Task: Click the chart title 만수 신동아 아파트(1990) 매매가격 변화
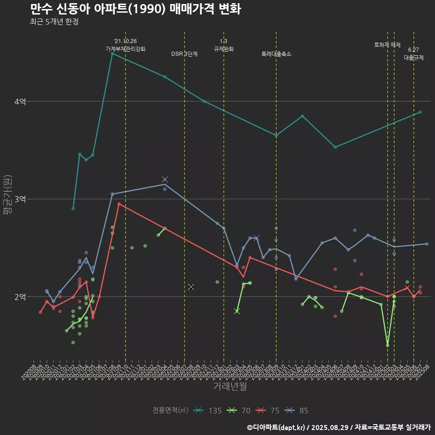click(x=135, y=9)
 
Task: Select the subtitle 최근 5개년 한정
click(x=54, y=22)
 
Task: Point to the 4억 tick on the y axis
click(x=20, y=101)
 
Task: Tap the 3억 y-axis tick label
click(x=20, y=199)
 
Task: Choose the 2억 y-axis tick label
click(x=20, y=297)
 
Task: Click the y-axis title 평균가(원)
click(x=8, y=194)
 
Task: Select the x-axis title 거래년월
click(x=230, y=387)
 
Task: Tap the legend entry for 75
click(x=268, y=411)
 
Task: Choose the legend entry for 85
click(x=297, y=411)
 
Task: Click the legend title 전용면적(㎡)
click(x=170, y=411)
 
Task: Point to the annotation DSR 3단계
click(x=184, y=54)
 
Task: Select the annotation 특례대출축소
click(x=276, y=54)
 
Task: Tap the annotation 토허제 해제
click(x=387, y=45)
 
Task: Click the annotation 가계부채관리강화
click(x=126, y=48)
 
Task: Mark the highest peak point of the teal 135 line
click(x=112, y=53)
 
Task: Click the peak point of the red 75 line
click(x=119, y=204)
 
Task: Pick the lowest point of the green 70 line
click(x=387, y=345)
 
